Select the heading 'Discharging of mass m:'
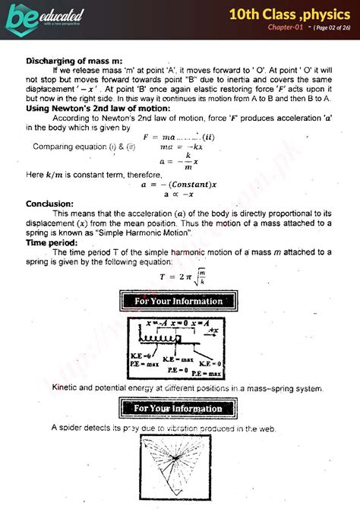(74, 61)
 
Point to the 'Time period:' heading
(52, 242)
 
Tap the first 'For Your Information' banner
(179, 301)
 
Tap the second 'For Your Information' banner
(179, 409)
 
